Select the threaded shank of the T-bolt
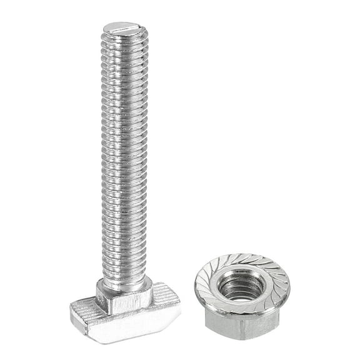[126, 156]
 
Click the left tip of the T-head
[71, 312]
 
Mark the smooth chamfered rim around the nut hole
[241, 275]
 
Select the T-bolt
[126, 187]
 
